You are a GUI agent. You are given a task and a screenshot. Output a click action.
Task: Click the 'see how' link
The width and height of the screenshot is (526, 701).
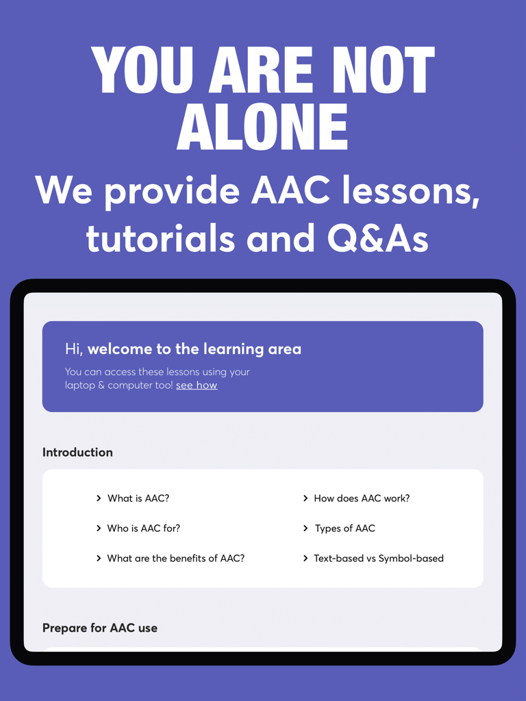pos(197,385)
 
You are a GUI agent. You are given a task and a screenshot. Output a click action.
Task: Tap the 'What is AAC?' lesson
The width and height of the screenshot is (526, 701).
pos(138,498)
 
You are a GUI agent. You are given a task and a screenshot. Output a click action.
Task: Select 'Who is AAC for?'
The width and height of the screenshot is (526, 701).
pos(144,528)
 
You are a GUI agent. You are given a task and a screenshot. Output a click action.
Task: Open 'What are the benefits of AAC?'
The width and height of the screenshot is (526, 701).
pos(176,559)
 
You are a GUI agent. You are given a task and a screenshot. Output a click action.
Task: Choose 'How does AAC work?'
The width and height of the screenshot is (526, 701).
pos(362,498)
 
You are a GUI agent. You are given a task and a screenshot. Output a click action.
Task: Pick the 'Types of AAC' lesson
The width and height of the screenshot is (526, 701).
pos(345,528)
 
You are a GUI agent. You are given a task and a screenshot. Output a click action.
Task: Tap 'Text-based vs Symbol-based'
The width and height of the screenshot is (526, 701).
pos(379,559)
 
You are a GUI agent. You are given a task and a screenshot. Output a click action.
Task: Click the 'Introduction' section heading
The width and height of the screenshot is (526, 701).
pos(77,453)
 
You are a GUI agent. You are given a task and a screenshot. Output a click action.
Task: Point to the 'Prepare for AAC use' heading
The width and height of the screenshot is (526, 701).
pos(100,628)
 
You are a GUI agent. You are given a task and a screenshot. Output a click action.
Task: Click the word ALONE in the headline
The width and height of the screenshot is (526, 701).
pos(263,127)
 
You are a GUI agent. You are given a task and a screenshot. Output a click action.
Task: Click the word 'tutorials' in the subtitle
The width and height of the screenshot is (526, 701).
pos(160,238)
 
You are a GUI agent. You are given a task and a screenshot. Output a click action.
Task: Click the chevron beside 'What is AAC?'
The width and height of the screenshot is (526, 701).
pos(99,498)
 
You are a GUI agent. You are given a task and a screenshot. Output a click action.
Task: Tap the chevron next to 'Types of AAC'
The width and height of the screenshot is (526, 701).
pos(305,528)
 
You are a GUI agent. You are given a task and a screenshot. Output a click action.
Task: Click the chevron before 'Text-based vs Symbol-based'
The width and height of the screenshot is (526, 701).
pos(305,559)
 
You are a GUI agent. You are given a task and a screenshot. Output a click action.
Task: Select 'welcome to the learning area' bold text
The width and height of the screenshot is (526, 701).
pos(195,349)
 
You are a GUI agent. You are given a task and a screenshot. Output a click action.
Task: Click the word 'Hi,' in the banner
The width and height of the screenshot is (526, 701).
pos(74,349)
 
